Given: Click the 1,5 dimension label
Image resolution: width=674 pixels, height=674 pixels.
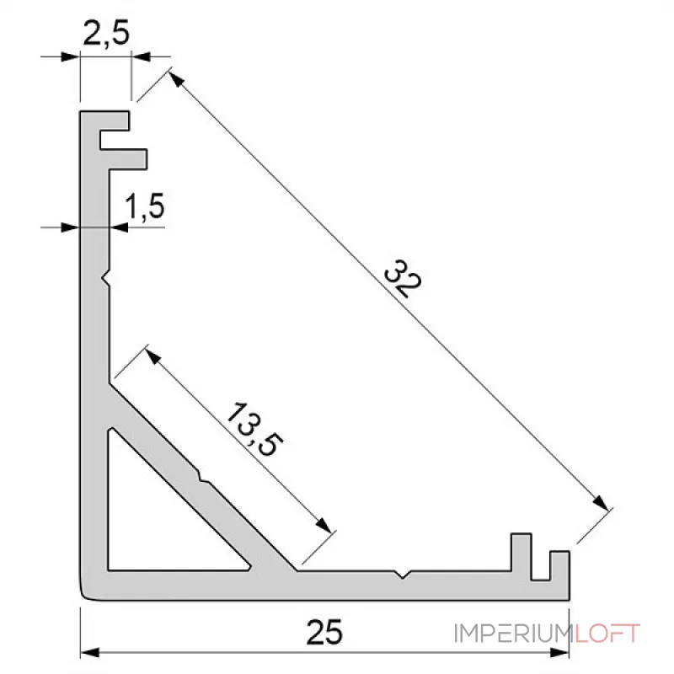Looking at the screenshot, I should [144, 206].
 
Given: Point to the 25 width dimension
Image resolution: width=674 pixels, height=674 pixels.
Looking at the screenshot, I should [324, 632].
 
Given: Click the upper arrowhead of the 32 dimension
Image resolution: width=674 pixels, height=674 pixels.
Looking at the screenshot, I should [174, 79].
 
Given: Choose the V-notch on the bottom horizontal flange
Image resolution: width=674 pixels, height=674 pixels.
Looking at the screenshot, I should [405, 575].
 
